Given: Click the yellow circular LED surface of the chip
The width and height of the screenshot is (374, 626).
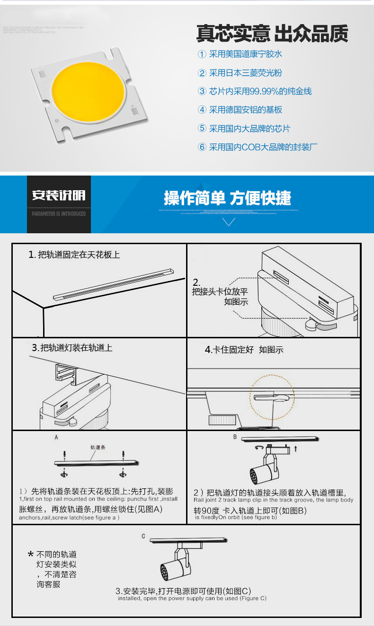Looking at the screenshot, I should point(88,89).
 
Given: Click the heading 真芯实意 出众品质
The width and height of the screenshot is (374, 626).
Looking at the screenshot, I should point(272,34).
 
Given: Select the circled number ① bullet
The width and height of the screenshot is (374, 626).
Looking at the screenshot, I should point(202,54).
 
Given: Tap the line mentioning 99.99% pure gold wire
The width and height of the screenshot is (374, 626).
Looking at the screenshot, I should point(255,91).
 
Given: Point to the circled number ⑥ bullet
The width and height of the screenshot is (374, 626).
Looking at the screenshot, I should point(202,147).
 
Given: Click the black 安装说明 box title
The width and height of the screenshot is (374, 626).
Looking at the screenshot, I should point(59,195).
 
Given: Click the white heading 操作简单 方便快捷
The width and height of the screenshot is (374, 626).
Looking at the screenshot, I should point(227,198).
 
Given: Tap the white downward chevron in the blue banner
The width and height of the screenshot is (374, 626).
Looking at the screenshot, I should point(229,222).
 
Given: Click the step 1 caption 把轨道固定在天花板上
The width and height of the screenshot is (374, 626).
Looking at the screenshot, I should point(74,255).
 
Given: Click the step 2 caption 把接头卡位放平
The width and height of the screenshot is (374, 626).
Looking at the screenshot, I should point(220,291).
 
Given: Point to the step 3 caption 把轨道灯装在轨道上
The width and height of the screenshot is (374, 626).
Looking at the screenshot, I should point(72,348).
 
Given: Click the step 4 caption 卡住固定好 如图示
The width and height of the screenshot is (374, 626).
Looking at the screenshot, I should point(244,350).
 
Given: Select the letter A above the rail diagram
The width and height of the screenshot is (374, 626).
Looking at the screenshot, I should point(56,438).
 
